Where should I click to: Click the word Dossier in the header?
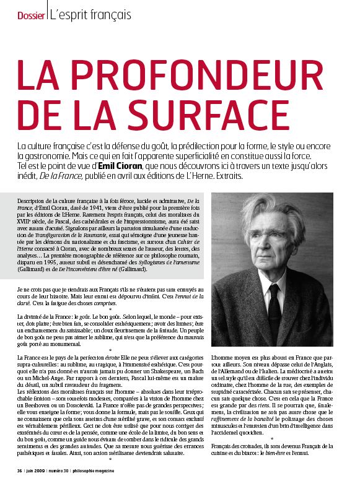[30, 14]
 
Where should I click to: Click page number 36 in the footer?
[20, 488]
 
